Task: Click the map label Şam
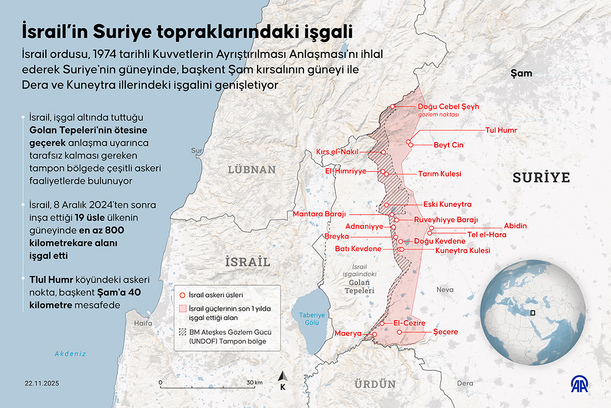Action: click(x=520, y=73)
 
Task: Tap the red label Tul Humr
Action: click(x=500, y=131)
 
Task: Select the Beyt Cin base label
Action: click(x=448, y=145)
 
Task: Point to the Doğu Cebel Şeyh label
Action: click(x=448, y=107)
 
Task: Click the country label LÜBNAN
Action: click(x=251, y=169)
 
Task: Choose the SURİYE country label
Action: click(x=541, y=177)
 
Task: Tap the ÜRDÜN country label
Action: click(x=375, y=384)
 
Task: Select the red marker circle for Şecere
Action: click(x=399, y=332)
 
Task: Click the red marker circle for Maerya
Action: click(x=374, y=334)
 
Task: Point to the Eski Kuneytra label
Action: click(x=447, y=204)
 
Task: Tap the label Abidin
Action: click(x=516, y=226)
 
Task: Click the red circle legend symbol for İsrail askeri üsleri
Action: click(x=182, y=294)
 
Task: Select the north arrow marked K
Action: click(x=283, y=380)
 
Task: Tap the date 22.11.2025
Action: click(x=41, y=383)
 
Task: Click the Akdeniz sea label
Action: click(x=70, y=353)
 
